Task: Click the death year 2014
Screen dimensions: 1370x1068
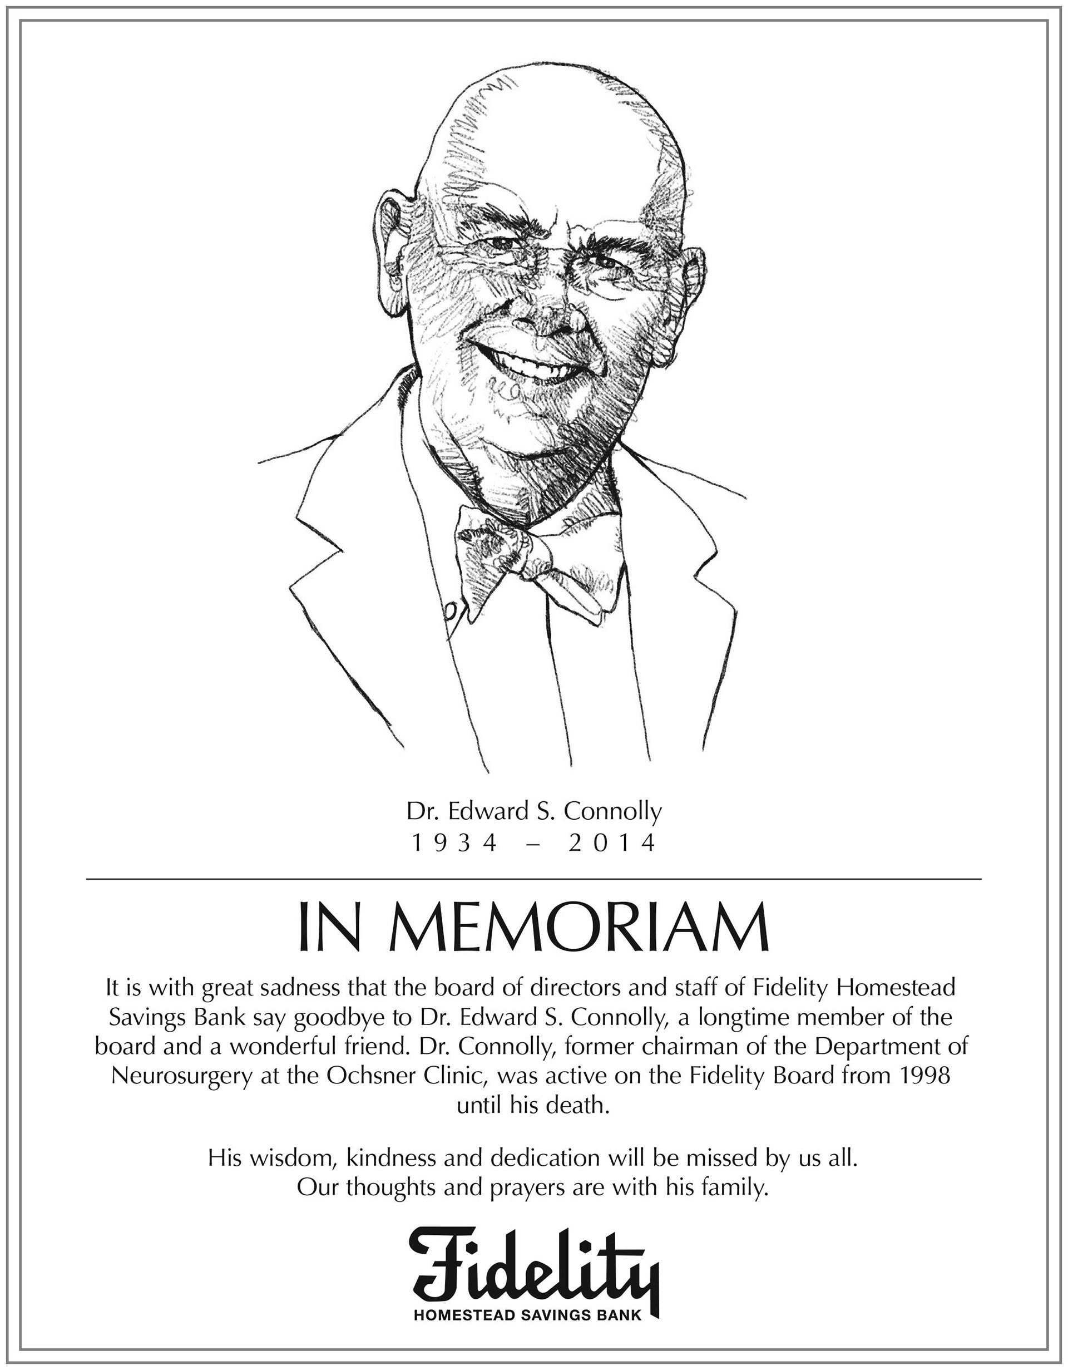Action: tap(612, 844)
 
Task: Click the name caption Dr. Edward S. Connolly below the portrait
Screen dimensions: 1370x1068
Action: tap(533, 812)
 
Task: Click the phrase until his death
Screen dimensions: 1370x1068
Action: tap(533, 1105)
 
